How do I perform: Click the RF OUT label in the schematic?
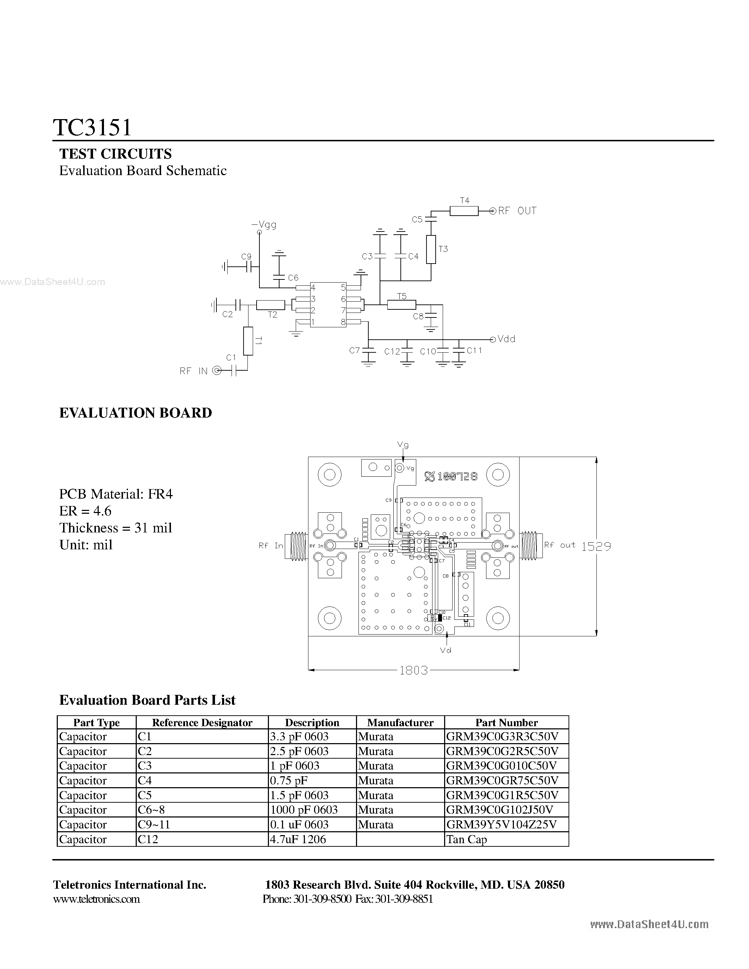[x=517, y=211]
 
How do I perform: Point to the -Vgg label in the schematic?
[x=264, y=224]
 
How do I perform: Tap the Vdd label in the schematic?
[x=506, y=339]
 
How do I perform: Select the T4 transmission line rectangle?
[x=464, y=211]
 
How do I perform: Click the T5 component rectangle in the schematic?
[x=401, y=304]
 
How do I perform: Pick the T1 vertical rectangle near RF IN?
[x=248, y=341]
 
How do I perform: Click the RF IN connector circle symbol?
[x=216, y=370]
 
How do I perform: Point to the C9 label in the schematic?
[x=246, y=257]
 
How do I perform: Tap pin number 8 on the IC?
[x=343, y=322]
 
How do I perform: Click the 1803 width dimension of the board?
[x=413, y=670]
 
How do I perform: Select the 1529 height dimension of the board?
[x=596, y=547]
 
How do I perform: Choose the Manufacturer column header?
[x=400, y=723]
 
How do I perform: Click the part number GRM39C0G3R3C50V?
[x=502, y=737]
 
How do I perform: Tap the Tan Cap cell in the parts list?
[x=466, y=839]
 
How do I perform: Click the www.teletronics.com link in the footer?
[x=96, y=899]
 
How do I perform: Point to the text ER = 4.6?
[x=85, y=511]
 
